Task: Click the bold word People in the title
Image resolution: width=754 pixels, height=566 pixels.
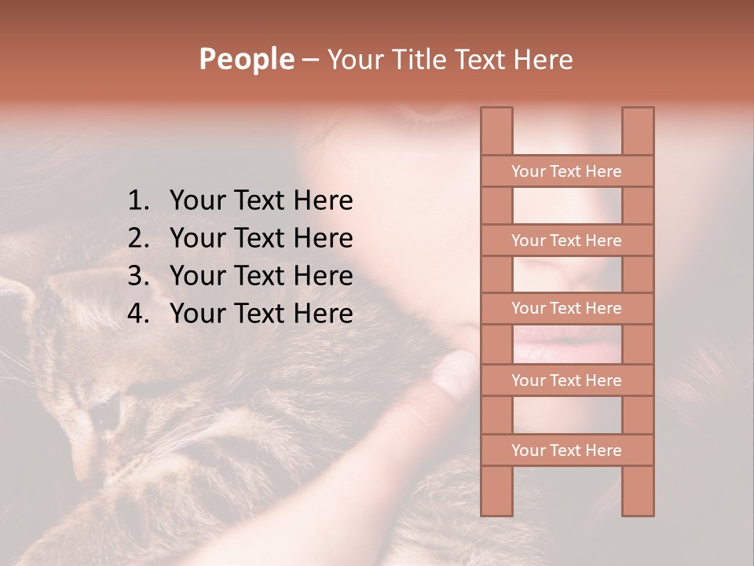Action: (x=246, y=59)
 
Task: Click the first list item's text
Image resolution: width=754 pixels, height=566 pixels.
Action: (x=261, y=201)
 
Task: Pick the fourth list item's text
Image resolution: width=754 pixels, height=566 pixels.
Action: (x=261, y=314)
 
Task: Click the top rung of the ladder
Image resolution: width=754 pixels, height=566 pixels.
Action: (x=566, y=171)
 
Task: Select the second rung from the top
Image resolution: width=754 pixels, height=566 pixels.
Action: (x=566, y=241)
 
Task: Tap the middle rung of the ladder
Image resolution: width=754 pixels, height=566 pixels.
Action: (x=566, y=308)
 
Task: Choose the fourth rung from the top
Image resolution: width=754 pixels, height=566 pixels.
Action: (x=566, y=380)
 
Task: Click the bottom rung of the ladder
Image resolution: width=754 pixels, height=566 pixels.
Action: (x=566, y=450)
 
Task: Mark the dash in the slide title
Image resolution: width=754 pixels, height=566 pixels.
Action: (x=309, y=59)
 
